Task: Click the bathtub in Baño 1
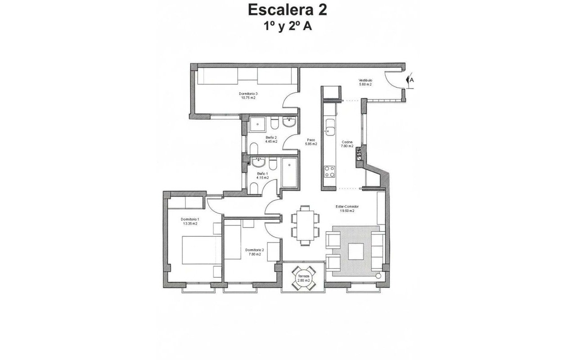tap(289, 173)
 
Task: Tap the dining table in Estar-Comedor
tap(306, 225)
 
